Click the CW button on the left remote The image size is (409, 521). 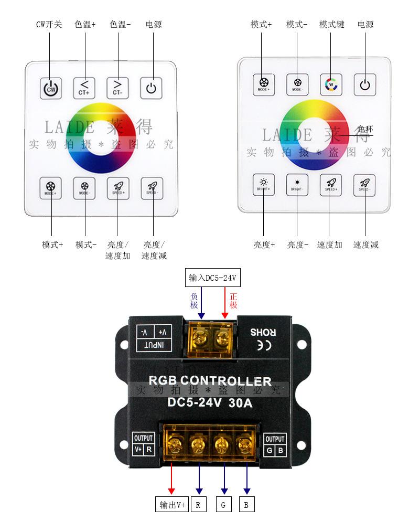pos(51,88)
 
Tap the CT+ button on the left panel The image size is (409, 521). pos(84,88)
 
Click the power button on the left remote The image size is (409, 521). pos(151,88)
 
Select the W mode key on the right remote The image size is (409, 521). pos(331,84)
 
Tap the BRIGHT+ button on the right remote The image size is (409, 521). pos(264,184)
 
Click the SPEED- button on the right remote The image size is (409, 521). pos(364,184)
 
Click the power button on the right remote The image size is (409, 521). pos(365,84)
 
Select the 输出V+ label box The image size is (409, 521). pos(173,505)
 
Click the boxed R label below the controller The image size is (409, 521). pos(198,505)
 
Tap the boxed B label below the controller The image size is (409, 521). pos(246,505)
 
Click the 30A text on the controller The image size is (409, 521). pos(241,403)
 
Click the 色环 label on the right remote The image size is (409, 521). pos(365,129)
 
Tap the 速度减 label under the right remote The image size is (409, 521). pos(365,244)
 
